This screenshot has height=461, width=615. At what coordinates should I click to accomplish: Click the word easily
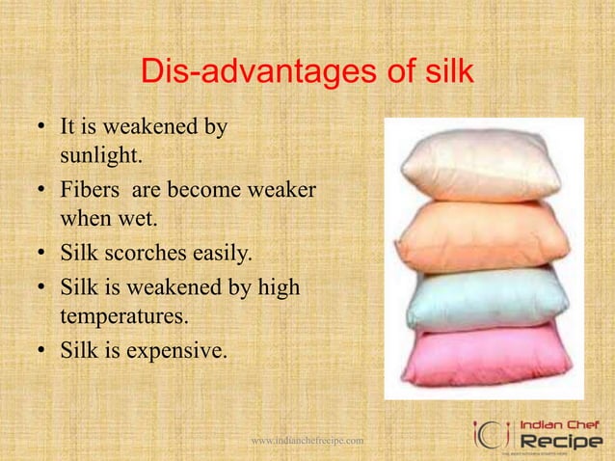(220, 254)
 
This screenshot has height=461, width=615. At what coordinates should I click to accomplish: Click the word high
(278, 286)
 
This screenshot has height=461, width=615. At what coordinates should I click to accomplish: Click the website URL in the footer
(307, 441)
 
